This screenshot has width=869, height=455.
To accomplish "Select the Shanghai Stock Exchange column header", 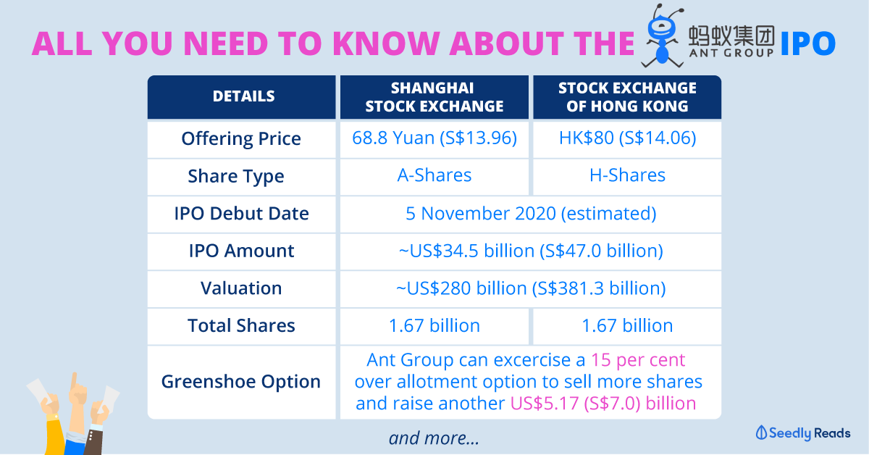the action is [x=434, y=97].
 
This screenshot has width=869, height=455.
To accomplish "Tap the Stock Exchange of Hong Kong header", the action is [x=627, y=97].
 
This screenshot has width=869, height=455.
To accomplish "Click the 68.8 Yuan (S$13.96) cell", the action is [x=434, y=138].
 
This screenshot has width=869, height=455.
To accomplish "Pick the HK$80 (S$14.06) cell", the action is [x=627, y=138].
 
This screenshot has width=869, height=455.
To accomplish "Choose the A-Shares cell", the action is [x=434, y=175].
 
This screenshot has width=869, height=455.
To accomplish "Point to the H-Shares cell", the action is [x=627, y=175].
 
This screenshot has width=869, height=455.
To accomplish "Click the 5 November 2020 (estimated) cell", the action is [x=531, y=214].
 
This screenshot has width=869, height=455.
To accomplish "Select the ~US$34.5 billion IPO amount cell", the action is [x=531, y=251].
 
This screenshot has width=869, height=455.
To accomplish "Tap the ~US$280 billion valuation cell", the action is [x=531, y=288].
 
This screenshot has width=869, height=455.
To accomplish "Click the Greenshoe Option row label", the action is [x=241, y=382].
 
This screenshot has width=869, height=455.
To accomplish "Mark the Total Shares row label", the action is [x=241, y=325].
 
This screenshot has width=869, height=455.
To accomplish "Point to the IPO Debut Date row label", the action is [x=241, y=214].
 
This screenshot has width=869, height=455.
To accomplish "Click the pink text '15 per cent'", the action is [x=638, y=360].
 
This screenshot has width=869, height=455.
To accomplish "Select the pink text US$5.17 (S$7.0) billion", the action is [x=603, y=404].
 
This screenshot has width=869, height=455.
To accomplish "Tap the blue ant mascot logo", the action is [x=662, y=36].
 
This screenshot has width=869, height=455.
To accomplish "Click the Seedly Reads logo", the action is [x=803, y=433].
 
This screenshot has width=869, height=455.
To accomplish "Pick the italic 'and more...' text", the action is [x=434, y=438].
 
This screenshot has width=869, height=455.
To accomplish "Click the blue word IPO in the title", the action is [x=808, y=43].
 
